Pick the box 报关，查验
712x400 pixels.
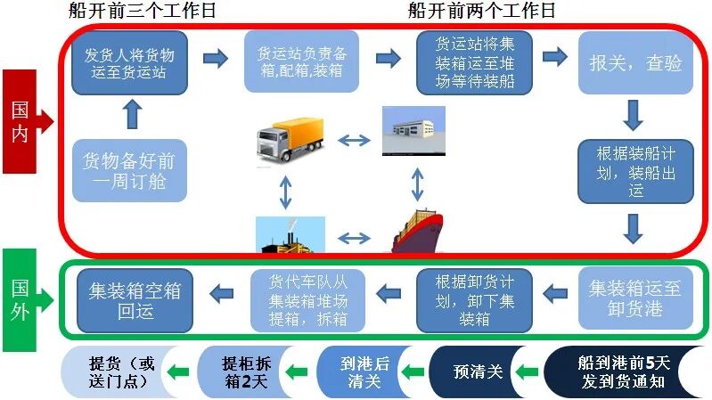coord(634,62)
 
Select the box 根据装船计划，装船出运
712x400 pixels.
coord(634,170)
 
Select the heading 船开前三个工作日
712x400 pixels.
coord(142,11)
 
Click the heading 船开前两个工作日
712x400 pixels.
coord(481,11)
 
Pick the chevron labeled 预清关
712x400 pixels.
coord(478,371)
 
